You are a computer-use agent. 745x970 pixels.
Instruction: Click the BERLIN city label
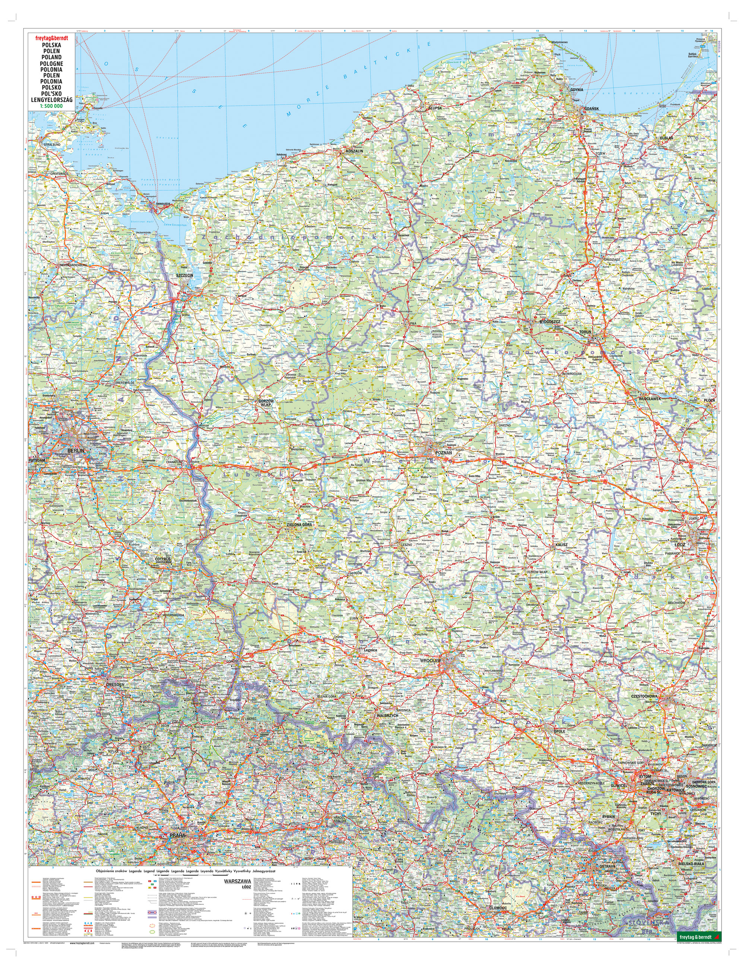tap(76, 450)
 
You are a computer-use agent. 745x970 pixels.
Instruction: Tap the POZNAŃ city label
tap(443, 453)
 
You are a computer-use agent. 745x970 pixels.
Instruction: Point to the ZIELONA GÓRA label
tap(299, 524)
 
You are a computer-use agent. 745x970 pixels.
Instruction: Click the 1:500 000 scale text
tap(51, 107)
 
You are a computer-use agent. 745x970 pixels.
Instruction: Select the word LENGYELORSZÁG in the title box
tap(51, 100)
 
